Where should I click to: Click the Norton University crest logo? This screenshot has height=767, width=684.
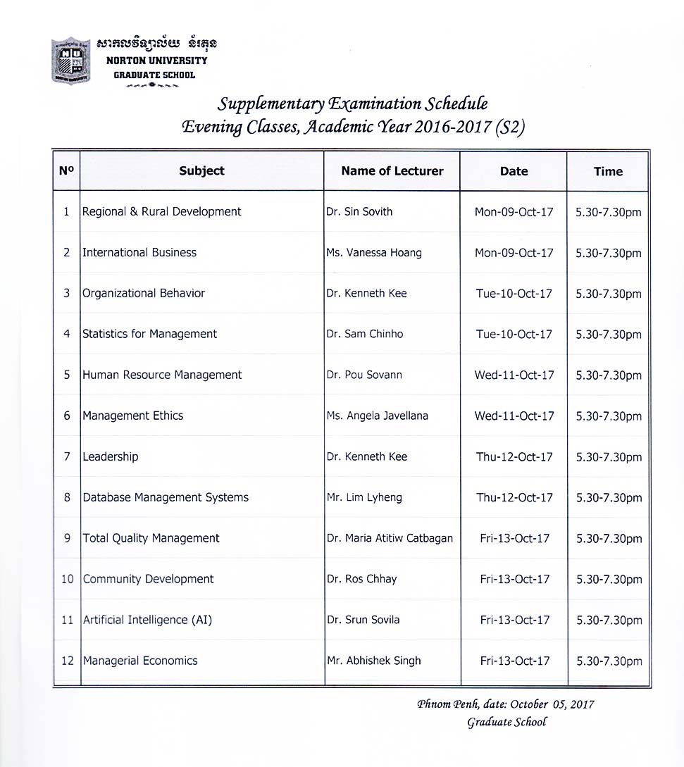(x=71, y=60)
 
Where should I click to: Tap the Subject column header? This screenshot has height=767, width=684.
(x=201, y=170)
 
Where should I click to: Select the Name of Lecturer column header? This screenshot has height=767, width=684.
(x=392, y=170)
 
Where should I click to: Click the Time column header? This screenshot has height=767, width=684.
(x=608, y=171)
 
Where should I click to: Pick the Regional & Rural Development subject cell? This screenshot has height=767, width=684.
(x=162, y=211)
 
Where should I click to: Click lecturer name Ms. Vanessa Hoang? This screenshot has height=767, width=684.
(x=374, y=252)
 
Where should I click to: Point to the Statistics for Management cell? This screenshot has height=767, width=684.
(x=150, y=334)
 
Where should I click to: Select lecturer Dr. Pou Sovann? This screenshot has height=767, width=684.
(x=364, y=375)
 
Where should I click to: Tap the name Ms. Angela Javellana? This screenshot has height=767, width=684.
(x=378, y=416)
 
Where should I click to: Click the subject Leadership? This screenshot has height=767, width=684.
(x=111, y=456)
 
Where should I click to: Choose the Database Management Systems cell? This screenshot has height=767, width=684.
(x=166, y=497)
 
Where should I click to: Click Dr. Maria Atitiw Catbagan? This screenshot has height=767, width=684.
(x=390, y=538)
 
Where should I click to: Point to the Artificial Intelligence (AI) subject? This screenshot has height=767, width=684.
(x=147, y=620)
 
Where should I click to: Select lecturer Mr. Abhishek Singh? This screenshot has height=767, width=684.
(x=374, y=661)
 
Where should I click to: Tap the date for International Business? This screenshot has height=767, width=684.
(x=514, y=253)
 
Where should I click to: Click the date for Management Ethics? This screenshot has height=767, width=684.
(x=514, y=416)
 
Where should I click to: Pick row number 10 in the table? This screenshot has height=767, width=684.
(x=68, y=579)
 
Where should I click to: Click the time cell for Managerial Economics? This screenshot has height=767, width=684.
(x=609, y=661)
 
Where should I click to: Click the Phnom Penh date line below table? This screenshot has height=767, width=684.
(x=506, y=704)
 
